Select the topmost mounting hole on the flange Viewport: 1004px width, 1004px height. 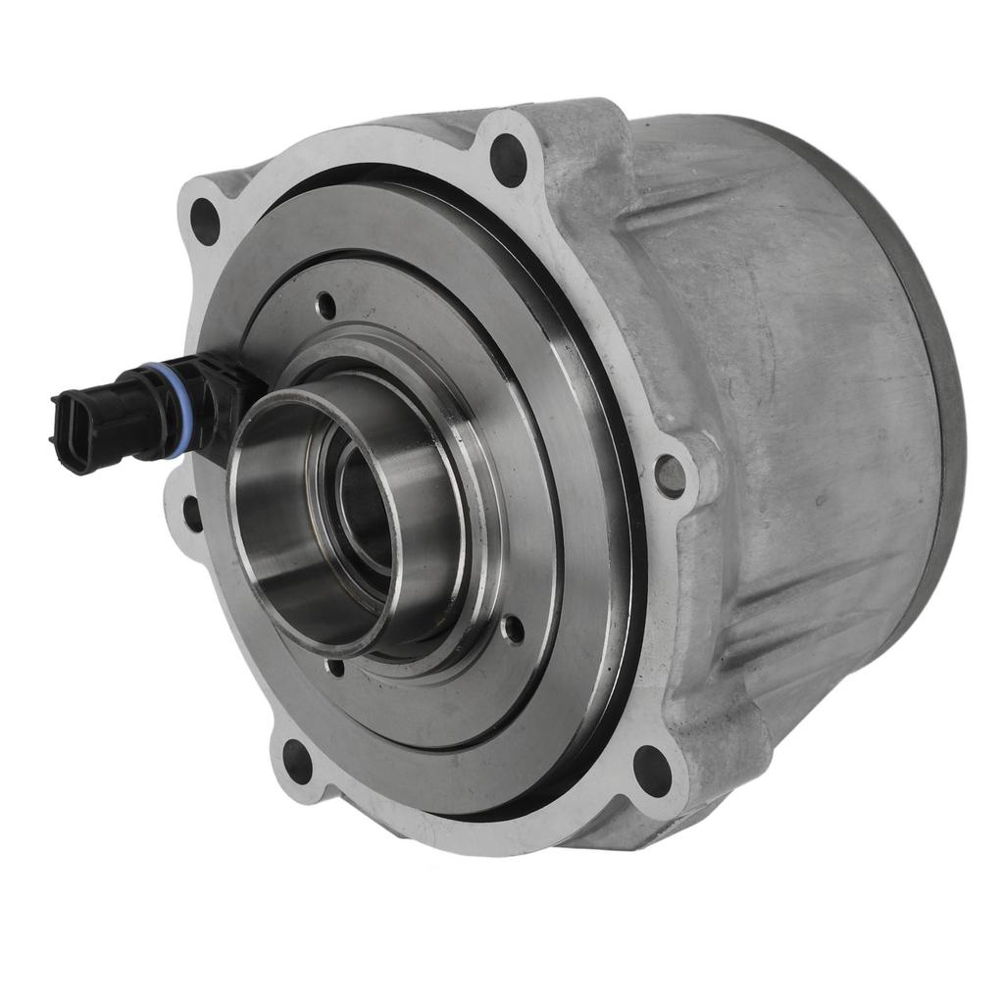coord(508,160)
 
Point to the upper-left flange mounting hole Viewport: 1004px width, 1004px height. coord(205,221)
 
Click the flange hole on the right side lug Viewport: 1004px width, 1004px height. coord(671,475)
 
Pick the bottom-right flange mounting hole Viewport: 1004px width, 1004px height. coord(651,770)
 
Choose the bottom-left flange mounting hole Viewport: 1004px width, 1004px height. coord(296,760)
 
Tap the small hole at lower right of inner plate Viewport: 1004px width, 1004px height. coord(512,628)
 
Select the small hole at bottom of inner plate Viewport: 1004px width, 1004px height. coord(335,668)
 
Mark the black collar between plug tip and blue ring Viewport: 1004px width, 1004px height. coord(132,417)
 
